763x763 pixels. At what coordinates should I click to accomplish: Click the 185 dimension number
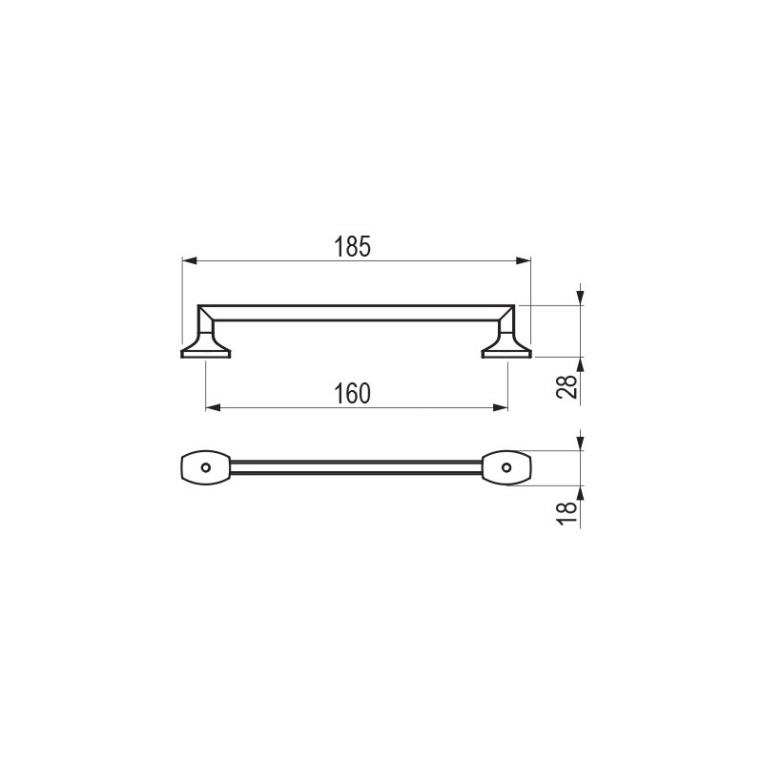click(x=352, y=246)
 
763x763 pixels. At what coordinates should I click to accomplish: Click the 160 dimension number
click(x=352, y=394)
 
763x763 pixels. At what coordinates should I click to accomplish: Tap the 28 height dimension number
click(x=567, y=387)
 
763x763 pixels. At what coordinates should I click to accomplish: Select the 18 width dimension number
click(x=567, y=513)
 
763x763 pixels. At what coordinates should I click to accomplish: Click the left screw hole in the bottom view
click(x=206, y=467)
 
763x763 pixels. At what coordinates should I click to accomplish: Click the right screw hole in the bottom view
click(x=506, y=467)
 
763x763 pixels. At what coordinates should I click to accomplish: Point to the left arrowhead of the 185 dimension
click(x=190, y=260)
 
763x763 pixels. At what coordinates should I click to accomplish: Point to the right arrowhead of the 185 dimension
click(x=523, y=260)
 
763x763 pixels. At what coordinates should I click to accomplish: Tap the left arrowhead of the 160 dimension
click(x=213, y=408)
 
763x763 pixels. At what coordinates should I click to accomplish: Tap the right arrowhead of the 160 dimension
click(x=500, y=408)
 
